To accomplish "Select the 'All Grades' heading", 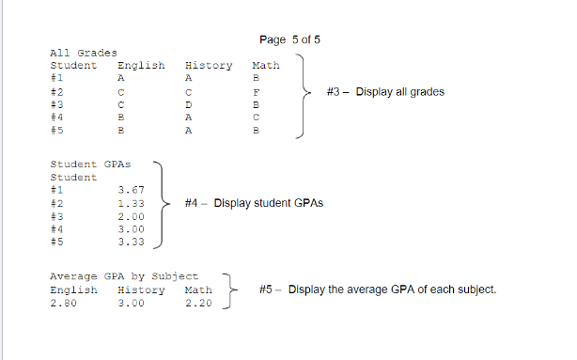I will [x=83, y=54].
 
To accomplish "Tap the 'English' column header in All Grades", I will [x=140, y=66].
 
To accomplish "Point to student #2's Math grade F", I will [x=256, y=93].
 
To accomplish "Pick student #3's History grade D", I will [x=189, y=106].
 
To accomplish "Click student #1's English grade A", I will [x=120, y=79].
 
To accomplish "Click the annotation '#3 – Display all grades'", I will [x=385, y=92].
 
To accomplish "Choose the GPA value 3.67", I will [x=131, y=190].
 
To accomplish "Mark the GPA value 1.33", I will [x=131, y=203].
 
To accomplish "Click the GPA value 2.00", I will [x=131, y=216].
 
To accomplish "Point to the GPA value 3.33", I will [x=131, y=243].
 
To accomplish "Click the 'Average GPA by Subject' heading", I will [x=123, y=276].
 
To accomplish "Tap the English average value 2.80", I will [x=62, y=303].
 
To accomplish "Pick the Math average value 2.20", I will [x=199, y=303].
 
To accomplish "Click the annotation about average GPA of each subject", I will [x=377, y=290].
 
